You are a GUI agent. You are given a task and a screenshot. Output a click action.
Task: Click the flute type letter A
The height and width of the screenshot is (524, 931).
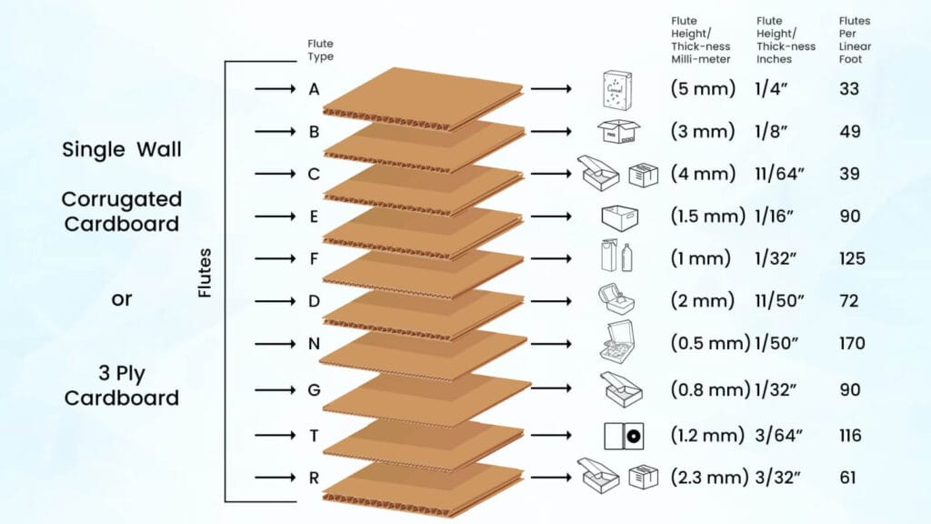[x=314, y=89]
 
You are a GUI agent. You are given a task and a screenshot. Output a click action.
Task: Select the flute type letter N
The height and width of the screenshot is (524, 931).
[x=314, y=344]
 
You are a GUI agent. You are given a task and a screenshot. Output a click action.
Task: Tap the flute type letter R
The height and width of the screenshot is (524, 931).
[x=314, y=477]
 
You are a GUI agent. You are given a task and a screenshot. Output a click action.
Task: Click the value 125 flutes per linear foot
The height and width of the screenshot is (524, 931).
[x=853, y=259]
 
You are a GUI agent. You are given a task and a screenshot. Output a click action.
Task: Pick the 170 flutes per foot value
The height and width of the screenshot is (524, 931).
[x=853, y=344]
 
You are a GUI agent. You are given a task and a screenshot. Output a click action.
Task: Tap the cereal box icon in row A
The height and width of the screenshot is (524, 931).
[x=618, y=89]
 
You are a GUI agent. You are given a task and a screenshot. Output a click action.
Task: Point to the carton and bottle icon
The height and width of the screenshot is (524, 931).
[x=618, y=258]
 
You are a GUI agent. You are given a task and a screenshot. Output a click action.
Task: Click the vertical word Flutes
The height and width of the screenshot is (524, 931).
[x=205, y=273]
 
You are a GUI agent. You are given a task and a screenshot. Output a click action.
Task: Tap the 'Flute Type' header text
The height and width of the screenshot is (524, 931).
[x=320, y=50]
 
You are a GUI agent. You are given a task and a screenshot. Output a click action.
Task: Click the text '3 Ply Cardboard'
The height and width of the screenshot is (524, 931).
[x=122, y=385]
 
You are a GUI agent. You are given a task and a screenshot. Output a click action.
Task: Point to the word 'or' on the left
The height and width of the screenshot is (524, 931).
[x=122, y=298]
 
